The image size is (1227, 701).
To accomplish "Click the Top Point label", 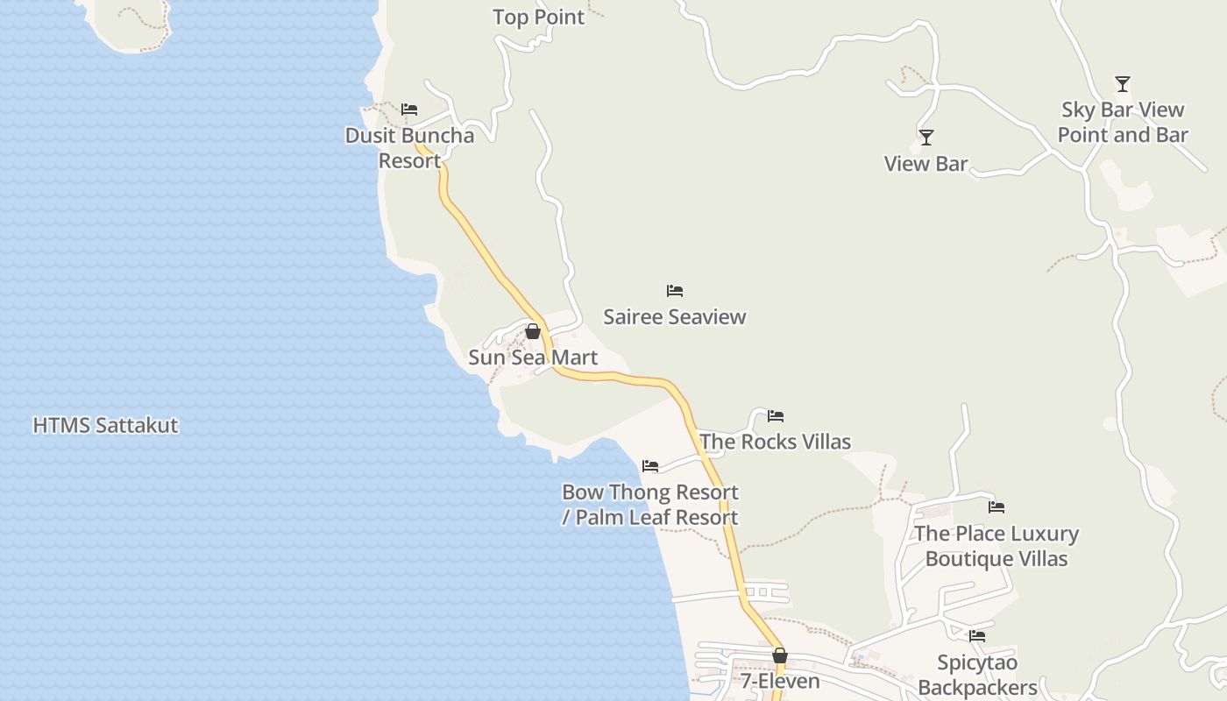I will point(538,18).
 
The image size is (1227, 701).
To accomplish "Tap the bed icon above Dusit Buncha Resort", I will point(409,110).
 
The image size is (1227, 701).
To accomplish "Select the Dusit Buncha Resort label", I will point(409,148).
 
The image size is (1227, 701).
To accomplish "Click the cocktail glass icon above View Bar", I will point(926,138).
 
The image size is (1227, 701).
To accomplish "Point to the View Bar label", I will point(926,164).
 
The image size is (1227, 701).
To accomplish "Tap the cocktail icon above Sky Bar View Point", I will point(1122,84).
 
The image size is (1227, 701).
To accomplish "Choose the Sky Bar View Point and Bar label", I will point(1123,123).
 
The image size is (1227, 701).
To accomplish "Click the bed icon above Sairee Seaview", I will point(674,291).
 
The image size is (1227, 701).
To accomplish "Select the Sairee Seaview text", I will point(674,317).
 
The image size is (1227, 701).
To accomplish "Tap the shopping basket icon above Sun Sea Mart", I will point(532,331).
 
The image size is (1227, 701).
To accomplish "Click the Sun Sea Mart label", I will point(533,358).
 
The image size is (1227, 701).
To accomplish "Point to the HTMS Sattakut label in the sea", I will point(105,426).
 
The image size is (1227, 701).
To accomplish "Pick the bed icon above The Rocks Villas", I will point(775,416).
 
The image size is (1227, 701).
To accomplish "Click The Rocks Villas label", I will point(775,443).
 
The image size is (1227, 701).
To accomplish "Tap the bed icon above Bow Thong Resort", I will point(649,466).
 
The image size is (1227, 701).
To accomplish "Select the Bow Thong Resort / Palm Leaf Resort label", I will point(649,505).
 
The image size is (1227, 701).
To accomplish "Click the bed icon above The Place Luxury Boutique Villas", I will point(996,507).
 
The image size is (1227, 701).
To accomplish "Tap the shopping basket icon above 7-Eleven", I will point(780,655).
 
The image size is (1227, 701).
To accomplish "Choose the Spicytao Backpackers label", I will point(977,675).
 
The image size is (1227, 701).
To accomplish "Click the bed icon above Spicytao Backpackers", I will point(977,636).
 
